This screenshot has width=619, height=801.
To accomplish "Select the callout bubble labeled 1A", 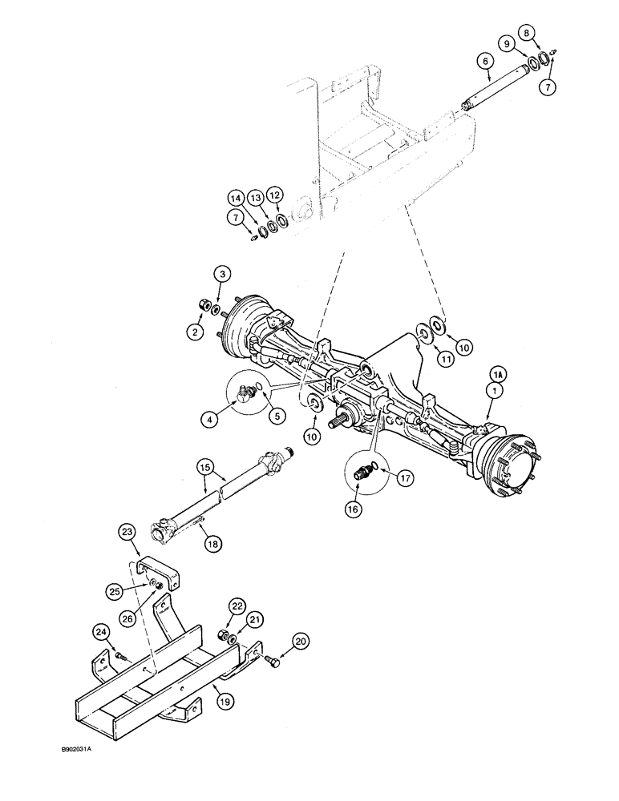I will pyautogui.click(x=496, y=372).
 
